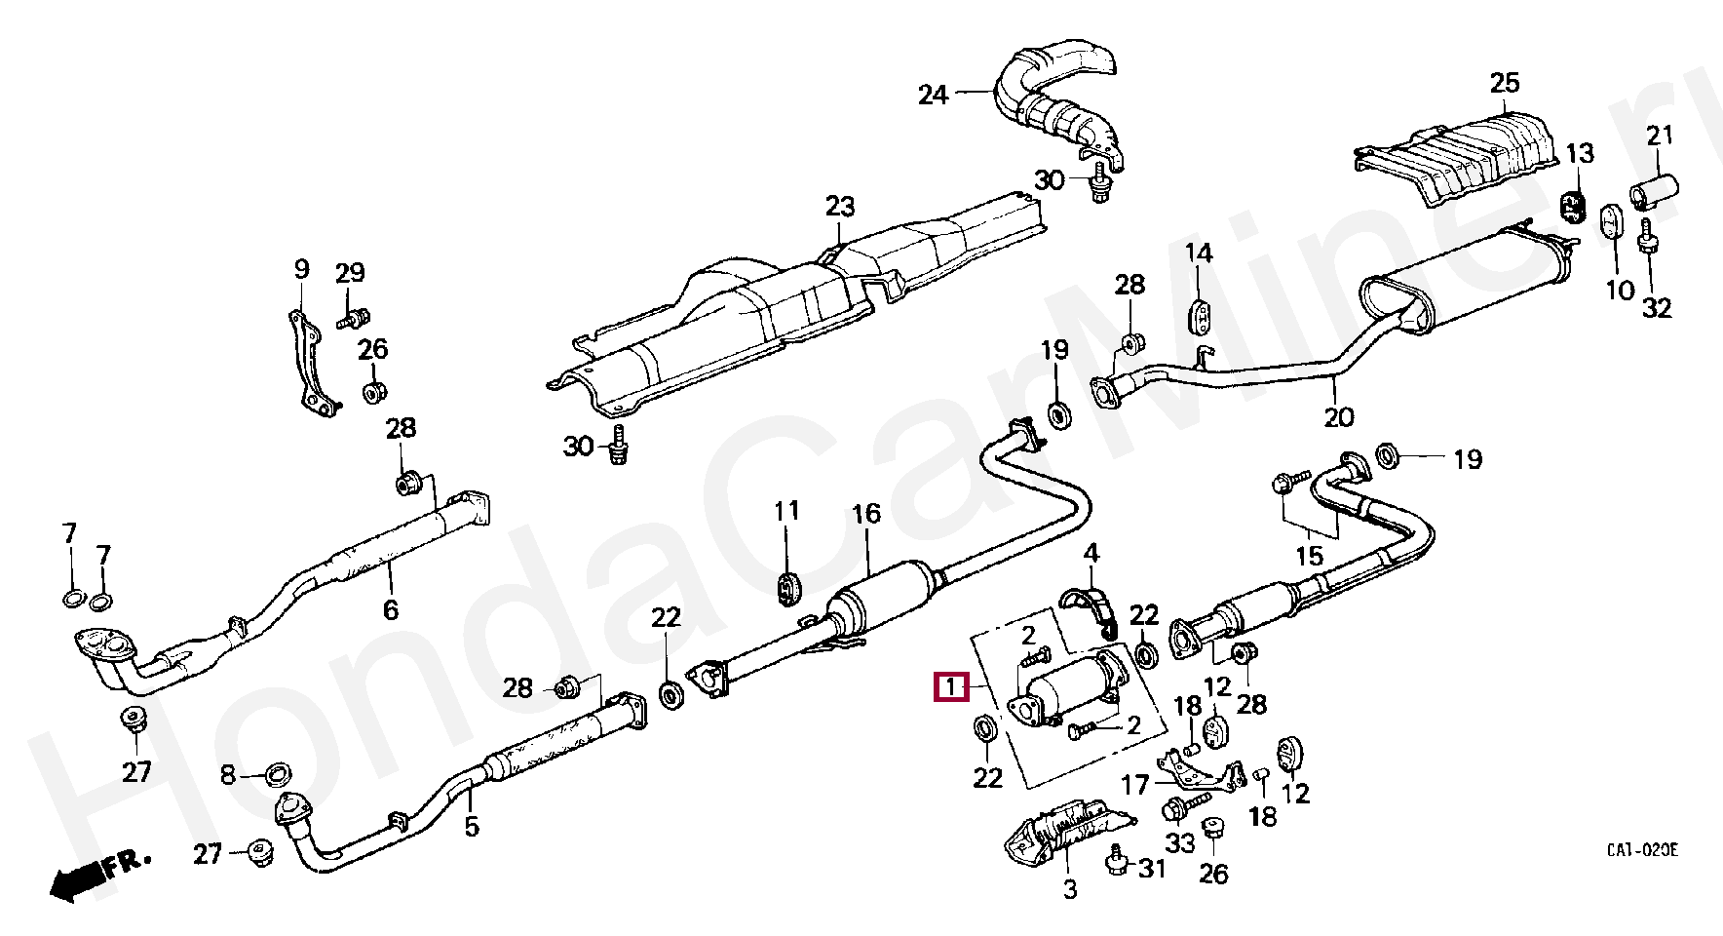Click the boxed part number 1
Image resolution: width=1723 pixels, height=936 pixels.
pyautogui.click(x=950, y=687)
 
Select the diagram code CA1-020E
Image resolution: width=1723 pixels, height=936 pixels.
pyautogui.click(x=1642, y=851)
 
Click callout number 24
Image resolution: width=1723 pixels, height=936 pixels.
pyautogui.click(x=933, y=96)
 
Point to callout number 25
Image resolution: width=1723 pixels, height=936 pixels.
pyautogui.click(x=1505, y=83)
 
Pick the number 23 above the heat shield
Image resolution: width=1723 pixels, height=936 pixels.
pyautogui.click(x=840, y=207)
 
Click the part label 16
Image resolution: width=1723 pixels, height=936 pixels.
pyautogui.click(x=865, y=514)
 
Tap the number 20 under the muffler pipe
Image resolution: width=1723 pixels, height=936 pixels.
pyautogui.click(x=1339, y=417)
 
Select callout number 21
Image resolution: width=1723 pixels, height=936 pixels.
pyautogui.click(x=1660, y=136)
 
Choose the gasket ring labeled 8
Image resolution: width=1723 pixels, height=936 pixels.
pyautogui.click(x=278, y=776)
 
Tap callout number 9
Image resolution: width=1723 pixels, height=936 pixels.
pyautogui.click(x=300, y=269)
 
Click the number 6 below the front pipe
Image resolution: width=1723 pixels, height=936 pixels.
pyautogui.click(x=390, y=610)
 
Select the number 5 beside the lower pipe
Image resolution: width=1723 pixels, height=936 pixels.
pyautogui.click(x=472, y=827)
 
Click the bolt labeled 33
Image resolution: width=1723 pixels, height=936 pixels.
pyautogui.click(x=1177, y=808)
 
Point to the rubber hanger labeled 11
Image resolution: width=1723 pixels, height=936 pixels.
pyautogui.click(x=786, y=587)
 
